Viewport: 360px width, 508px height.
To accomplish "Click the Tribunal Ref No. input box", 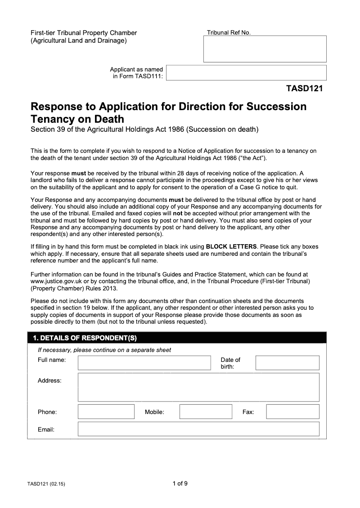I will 265,49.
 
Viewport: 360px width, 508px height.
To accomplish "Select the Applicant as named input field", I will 246,72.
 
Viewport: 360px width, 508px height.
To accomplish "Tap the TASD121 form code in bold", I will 304,89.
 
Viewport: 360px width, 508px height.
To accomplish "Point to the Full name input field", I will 144,363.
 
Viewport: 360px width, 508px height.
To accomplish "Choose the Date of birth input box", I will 287,363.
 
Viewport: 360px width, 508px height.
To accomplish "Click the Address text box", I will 198,387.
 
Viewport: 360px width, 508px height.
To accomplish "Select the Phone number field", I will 106,412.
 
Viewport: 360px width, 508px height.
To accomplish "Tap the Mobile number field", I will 206,412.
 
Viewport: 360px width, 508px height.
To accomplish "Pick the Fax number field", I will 292,412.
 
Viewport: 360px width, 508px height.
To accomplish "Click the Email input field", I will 198,429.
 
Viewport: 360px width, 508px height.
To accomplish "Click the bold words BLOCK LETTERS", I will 231,246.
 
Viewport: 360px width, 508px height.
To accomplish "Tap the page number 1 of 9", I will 180,484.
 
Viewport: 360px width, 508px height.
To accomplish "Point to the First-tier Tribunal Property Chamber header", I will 83,33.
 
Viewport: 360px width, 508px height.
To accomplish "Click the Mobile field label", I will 154,412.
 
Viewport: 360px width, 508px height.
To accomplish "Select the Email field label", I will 46,429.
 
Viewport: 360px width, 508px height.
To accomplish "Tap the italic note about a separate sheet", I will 104,350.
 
